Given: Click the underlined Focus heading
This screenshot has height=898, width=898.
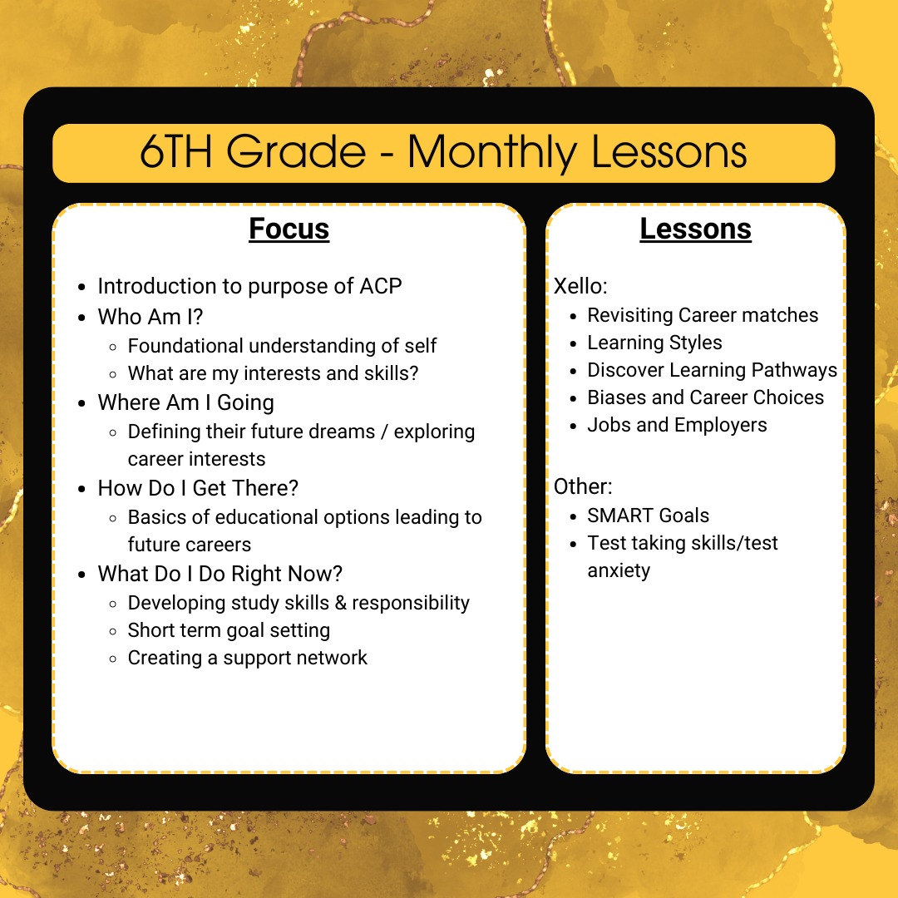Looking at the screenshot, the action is click(x=289, y=229).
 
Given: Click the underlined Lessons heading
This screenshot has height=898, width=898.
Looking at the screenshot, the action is click(x=695, y=229).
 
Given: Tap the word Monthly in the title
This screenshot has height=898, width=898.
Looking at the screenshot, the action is click(x=492, y=153).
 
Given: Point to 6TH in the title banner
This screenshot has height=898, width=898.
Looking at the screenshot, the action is click(x=175, y=151).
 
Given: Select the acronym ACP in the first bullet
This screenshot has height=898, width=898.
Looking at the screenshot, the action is click(x=381, y=286).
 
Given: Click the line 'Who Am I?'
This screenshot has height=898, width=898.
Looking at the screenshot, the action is click(x=150, y=317).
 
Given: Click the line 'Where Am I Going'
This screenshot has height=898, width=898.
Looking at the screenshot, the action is click(x=185, y=403).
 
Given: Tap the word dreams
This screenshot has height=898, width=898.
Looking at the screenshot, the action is click(x=343, y=432).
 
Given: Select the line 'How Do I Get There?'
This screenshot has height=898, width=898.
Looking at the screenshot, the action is click(x=198, y=489).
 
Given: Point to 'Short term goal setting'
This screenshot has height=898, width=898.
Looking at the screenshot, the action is click(x=229, y=630).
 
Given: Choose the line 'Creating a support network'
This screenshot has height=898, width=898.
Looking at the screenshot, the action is click(x=248, y=658).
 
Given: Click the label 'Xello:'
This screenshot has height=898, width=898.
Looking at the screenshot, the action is click(x=580, y=286).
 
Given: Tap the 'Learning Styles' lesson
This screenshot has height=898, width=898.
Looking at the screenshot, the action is click(x=654, y=343).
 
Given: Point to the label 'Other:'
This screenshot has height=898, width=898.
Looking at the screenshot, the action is click(x=583, y=486).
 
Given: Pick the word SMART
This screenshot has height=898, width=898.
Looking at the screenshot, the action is click(x=619, y=516).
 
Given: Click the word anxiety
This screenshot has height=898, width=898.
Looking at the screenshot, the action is click(x=619, y=570).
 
